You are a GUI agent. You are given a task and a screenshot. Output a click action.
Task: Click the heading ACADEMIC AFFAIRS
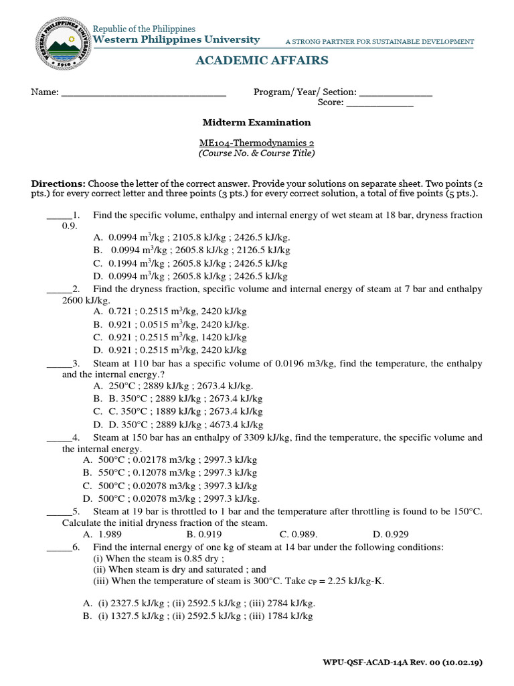262,61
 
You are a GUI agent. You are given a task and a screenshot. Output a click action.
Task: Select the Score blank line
379,104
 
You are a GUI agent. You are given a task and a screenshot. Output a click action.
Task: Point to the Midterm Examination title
257,123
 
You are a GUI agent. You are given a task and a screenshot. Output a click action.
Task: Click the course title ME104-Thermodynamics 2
257,143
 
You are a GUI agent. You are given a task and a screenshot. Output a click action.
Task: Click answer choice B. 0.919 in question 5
204,535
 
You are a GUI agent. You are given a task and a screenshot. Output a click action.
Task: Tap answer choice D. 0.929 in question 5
390,535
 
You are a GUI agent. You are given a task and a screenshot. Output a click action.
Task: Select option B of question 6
197,616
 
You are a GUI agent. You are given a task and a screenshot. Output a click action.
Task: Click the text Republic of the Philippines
144,29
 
